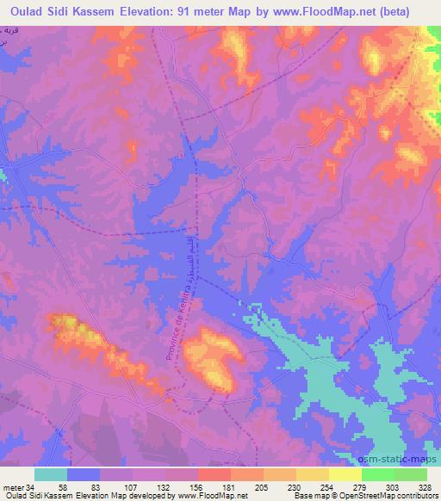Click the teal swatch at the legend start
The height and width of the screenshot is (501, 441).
pos(51,474)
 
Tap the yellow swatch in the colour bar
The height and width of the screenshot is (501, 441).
pos(345,474)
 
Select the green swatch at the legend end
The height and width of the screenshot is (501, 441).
pos(410,474)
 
